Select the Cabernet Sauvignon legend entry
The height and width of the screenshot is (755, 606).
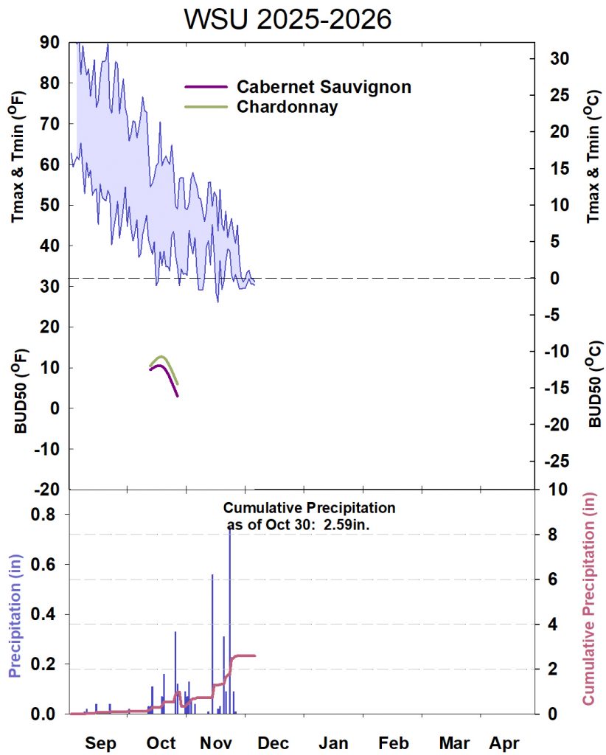[x=323, y=86]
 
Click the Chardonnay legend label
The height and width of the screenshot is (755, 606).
[x=287, y=107]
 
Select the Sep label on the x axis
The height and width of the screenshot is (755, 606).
[x=100, y=742]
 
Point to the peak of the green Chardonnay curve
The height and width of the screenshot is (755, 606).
[x=162, y=357]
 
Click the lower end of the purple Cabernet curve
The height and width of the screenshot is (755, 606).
[x=178, y=396]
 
